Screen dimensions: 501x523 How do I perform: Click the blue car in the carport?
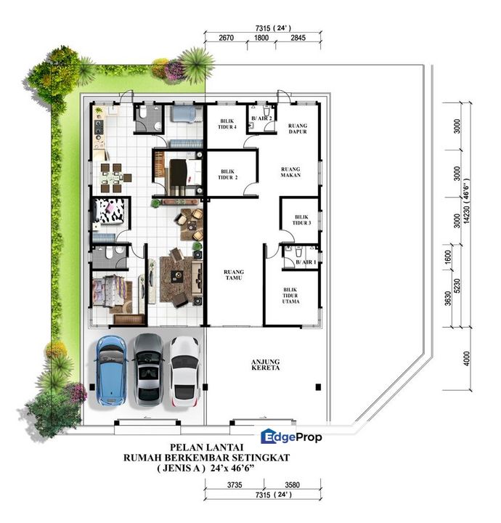[x=111, y=370]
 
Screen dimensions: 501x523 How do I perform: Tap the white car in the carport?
[x=185, y=371]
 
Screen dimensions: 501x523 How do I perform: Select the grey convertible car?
[x=148, y=370]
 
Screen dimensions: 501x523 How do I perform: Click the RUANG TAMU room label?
[x=234, y=275]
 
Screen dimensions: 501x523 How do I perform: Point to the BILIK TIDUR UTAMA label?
[x=290, y=296]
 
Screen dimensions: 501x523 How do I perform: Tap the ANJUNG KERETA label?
[x=265, y=365]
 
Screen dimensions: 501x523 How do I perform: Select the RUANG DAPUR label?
[x=298, y=129]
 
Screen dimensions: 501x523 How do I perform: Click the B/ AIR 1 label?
[x=306, y=262]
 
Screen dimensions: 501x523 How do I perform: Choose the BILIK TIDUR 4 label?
[x=227, y=123]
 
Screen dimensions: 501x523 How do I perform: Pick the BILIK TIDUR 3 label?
[x=301, y=220]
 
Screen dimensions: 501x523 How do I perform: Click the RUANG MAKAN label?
[x=290, y=171]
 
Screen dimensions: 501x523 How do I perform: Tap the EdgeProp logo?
[x=291, y=437]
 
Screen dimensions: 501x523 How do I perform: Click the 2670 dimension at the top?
[x=226, y=38]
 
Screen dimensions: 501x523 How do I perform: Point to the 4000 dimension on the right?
[x=466, y=358]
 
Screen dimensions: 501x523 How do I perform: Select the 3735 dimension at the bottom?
[x=235, y=485]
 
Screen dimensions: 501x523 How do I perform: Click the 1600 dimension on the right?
[x=448, y=257]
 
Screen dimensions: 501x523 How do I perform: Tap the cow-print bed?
[x=110, y=211]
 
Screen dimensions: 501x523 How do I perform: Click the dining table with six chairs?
[x=113, y=178]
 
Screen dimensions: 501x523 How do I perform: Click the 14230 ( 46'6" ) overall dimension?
[x=466, y=200]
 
